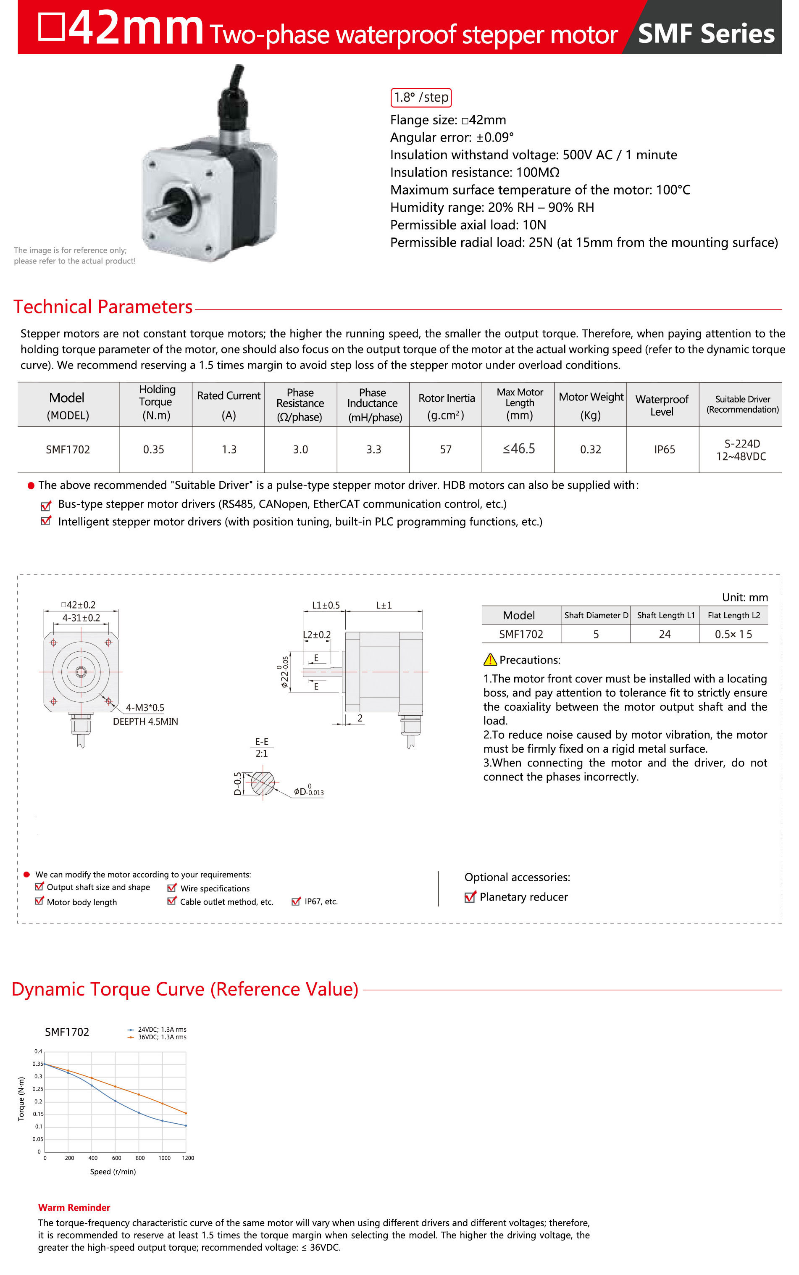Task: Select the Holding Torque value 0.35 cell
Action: click(154, 449)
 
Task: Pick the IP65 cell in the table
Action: click(664, 449)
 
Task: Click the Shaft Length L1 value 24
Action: click(664, 634)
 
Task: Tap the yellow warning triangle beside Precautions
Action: click(490, 660)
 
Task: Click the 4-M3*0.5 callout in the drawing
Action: click(145, 707)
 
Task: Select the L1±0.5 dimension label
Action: click(326, 605)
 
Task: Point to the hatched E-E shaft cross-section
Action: click(263, 783)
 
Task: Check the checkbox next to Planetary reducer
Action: click(469, 897)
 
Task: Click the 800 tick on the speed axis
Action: click(140, 1158)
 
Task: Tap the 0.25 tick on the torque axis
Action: click(37, 1089)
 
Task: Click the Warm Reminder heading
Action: click(74, 1207)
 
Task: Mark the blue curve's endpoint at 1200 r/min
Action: click(186, 1125)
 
